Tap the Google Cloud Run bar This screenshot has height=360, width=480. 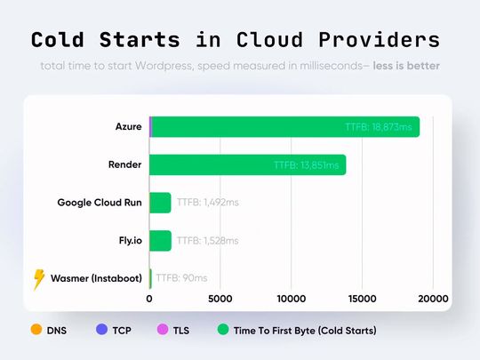pos(160,203)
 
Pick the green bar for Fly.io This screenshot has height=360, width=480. pos(160,240)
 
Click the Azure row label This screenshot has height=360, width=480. pos(128,127)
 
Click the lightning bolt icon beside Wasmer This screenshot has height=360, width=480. pos(38,279)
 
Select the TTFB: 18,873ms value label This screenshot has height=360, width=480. pos(379,127)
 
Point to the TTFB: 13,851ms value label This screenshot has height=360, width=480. pos(307,164)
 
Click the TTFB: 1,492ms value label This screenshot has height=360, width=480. pos(207,203)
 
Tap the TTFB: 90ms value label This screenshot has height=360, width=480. pos(181,278)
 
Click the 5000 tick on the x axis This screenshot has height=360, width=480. pos(220,299)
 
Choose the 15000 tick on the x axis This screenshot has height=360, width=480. pos(363,299)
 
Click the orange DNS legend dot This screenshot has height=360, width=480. pos(36,331)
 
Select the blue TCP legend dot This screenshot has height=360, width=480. pos(100,331)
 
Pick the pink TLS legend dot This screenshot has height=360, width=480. pos(161,331)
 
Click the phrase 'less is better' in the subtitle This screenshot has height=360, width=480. pos(405,67)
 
